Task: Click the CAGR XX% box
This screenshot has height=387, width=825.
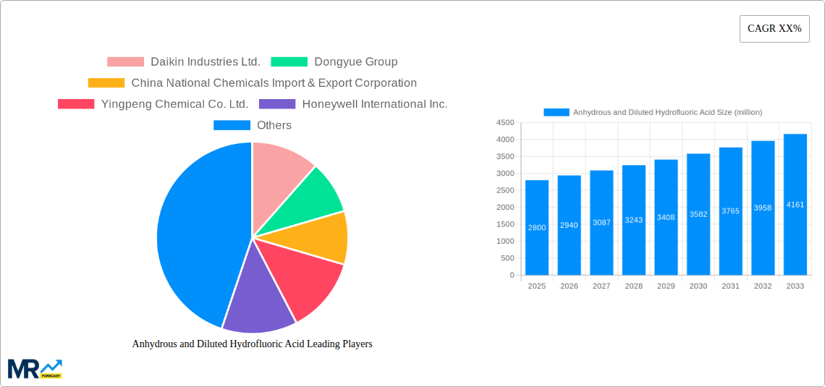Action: pos(774,29)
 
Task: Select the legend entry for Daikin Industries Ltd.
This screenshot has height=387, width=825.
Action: pos(184,62)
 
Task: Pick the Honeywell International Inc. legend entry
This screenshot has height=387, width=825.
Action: pos(354,104)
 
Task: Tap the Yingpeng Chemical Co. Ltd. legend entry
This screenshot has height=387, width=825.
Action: pos(153,104)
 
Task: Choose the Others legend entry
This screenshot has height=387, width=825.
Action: pos(253,125)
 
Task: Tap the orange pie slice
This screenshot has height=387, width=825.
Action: pos(326,237)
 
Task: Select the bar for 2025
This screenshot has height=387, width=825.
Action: pos(537,227)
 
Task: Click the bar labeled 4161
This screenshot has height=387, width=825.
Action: pos(795,205)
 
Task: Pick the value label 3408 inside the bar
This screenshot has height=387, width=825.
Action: pos(666,218)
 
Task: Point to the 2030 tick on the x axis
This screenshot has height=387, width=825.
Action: pos(698,286)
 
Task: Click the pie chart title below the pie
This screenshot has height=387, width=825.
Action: pos(252,344)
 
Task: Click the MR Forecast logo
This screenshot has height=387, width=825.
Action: pos(35,369)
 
